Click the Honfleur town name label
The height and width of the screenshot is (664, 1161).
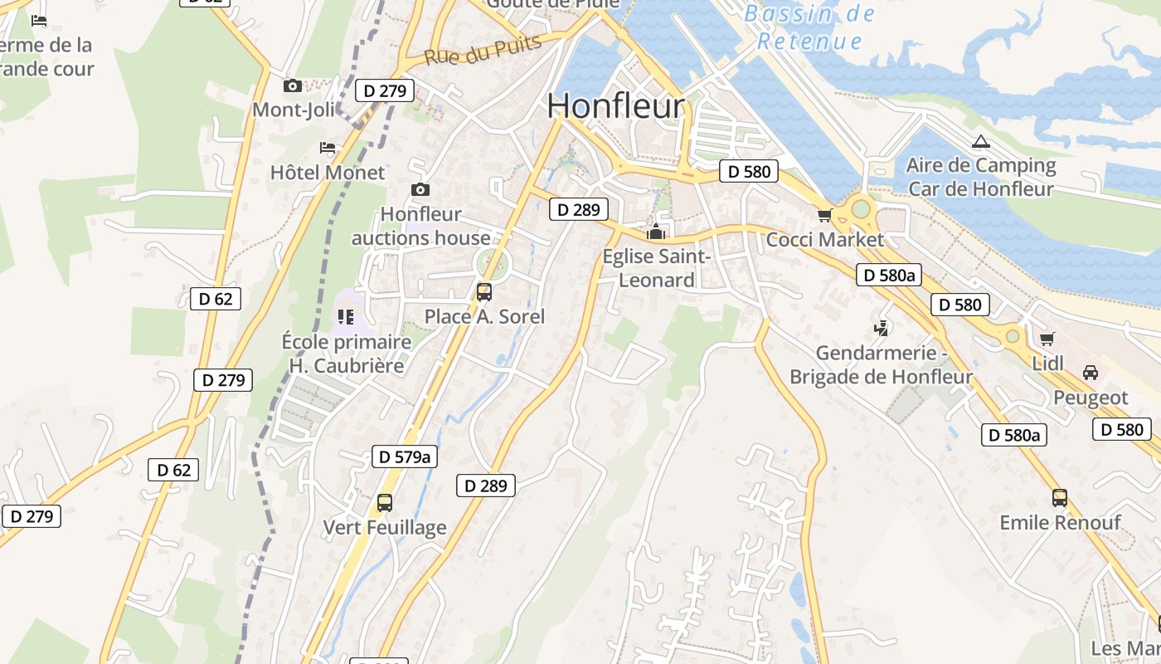(615, 106)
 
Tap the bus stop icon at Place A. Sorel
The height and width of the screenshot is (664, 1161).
(483, 292)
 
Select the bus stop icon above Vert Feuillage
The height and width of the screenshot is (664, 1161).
(384, 502)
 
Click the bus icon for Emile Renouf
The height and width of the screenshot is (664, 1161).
(1059, 498)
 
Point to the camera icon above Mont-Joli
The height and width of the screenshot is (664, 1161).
(292, 85)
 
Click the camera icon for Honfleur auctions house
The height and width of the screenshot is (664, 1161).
(420, 190)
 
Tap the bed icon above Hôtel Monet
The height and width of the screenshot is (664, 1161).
(328, 148)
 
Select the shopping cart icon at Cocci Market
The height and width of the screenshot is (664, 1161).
(824, 216)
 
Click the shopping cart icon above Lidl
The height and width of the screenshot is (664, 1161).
(1047, 339)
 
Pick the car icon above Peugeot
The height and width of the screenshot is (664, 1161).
(1090, 373)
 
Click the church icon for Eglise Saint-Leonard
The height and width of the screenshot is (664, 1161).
(656, 232)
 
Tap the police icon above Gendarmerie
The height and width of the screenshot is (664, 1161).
(881, 329)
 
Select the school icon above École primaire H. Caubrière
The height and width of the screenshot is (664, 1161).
(346, 316)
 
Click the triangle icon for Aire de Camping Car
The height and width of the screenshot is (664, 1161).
(980, 141)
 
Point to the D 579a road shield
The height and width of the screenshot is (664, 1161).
(405, 456)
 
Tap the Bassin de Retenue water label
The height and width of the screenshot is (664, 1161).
(809, 27)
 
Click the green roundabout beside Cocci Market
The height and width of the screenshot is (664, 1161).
(861, 208)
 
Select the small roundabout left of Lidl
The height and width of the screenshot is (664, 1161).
(1012, 336)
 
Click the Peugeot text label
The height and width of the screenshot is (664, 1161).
(1090, 398)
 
